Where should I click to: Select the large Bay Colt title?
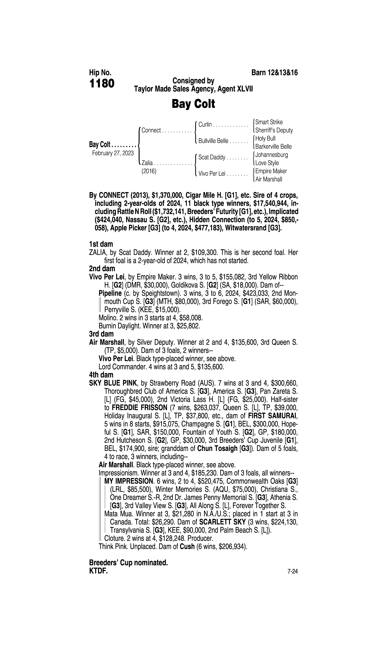click(193, 104)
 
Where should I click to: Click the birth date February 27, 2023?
click(113, 153)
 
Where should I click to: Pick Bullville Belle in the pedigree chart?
click(213, 141)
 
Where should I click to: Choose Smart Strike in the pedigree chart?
click(269, 122)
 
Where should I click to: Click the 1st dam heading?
click(101, 244)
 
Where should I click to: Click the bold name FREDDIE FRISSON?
click(139, 407)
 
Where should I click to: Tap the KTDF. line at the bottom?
click(98, 571)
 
